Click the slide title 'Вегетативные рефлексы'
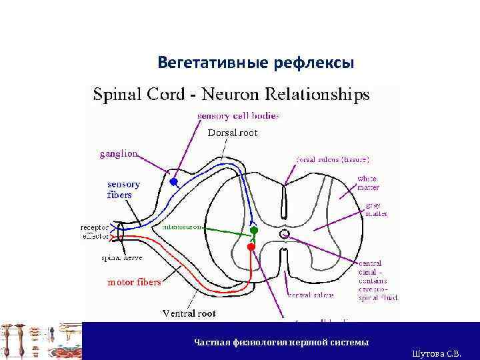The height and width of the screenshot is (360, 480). click(x=256, y=63)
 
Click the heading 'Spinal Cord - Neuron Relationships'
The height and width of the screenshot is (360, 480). click(x=231, y=95)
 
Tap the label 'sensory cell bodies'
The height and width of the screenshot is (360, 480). click(x=238, y=115)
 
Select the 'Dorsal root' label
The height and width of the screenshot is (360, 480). click(x=233, y=133)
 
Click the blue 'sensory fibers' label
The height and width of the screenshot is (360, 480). click(x=124, y=189)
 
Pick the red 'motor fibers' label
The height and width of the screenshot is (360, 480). click(x=134, y=282)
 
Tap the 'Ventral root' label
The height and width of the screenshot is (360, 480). click(x=189, y=312)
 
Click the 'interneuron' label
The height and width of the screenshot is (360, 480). click(x=181, y=227)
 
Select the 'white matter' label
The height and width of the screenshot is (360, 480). click(x=367, y=183)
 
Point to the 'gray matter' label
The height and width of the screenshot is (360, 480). click(x=374, y=209)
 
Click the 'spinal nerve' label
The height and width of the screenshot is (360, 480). click(x=121, y=257)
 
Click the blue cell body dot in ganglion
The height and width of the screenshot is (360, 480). click(x=174, y=181)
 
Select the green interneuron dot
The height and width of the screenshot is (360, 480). click(x=253, y=231)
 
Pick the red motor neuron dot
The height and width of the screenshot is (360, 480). click(x=251, y=246)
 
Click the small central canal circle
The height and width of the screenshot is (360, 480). click(x=285, y=234)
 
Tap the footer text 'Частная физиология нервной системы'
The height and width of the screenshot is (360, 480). click(x=281, y=342)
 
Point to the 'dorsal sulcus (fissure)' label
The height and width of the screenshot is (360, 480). click(x=332, y=160)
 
